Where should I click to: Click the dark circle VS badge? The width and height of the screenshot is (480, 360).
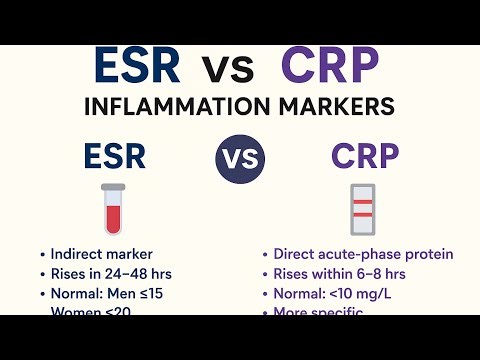tap(240, 160)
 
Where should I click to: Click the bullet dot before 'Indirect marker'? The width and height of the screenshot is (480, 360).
tap(41, 255)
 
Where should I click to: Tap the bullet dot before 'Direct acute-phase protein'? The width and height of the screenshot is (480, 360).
tap(265, 255)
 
